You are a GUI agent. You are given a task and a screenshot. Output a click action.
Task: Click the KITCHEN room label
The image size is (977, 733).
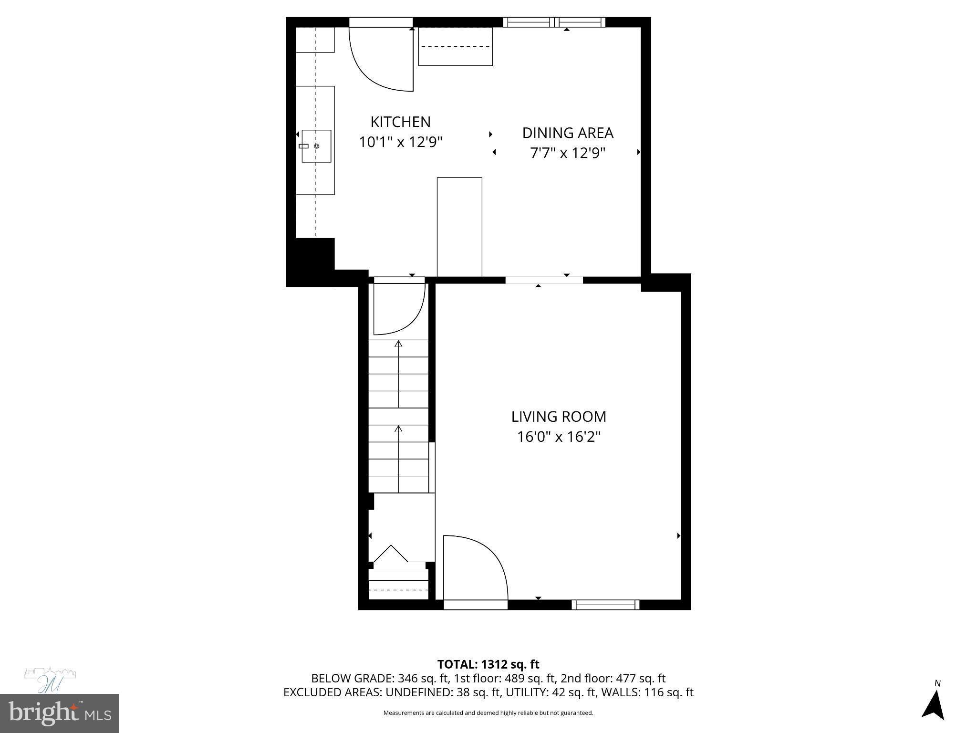400,122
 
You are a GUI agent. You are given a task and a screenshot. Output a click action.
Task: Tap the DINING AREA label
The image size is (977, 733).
567,133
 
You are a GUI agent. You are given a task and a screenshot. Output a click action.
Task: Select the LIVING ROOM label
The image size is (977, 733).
559,417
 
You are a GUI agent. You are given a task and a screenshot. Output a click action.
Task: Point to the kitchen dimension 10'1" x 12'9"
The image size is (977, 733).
400,142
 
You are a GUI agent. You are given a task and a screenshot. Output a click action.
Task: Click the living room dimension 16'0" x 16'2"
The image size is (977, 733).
559,437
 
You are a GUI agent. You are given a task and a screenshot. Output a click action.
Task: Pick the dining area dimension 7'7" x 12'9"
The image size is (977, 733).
567,153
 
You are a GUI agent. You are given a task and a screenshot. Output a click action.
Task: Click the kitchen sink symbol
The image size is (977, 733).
316,146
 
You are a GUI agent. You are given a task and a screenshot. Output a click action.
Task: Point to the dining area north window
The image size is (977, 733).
554,22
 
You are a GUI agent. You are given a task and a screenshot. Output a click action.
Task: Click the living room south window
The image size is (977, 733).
605,605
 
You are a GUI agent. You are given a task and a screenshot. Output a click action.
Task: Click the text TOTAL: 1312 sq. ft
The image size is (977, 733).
488,664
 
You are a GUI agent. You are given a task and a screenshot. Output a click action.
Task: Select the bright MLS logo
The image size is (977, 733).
59,713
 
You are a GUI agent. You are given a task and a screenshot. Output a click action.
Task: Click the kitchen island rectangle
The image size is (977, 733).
459,227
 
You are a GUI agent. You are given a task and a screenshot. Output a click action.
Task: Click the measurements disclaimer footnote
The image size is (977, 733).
488,713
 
